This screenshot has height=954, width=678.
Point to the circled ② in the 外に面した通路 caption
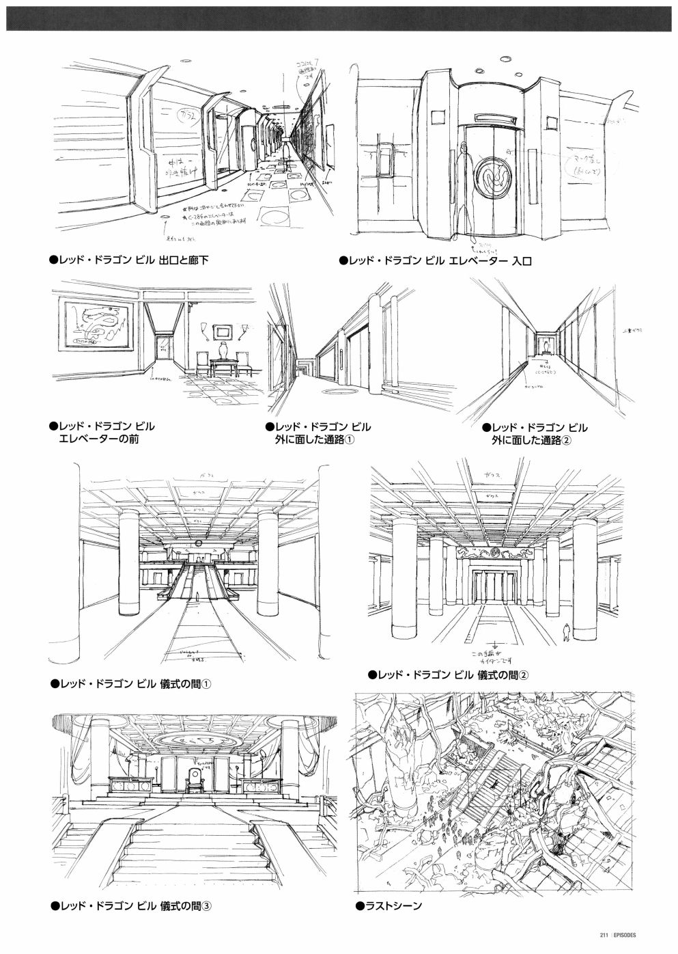(x=566, y=441)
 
